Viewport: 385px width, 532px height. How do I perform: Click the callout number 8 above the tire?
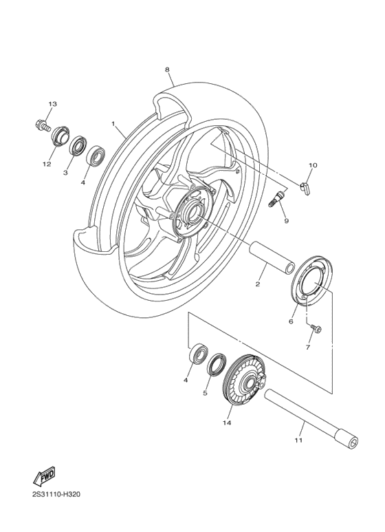pyautogui.click(x=167, y=70)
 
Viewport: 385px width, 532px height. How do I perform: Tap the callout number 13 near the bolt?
pyautogui.click(x=52, y=103)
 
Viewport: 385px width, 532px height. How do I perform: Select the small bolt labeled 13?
pyautogui.click(x=41, y=126)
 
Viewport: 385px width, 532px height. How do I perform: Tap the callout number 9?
pyautogui.click(x=285, y=220)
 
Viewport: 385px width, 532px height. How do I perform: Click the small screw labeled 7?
pyautogui.click(x=317, y=329)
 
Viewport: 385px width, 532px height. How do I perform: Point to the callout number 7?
pyautogui.click(x=307, y=348)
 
